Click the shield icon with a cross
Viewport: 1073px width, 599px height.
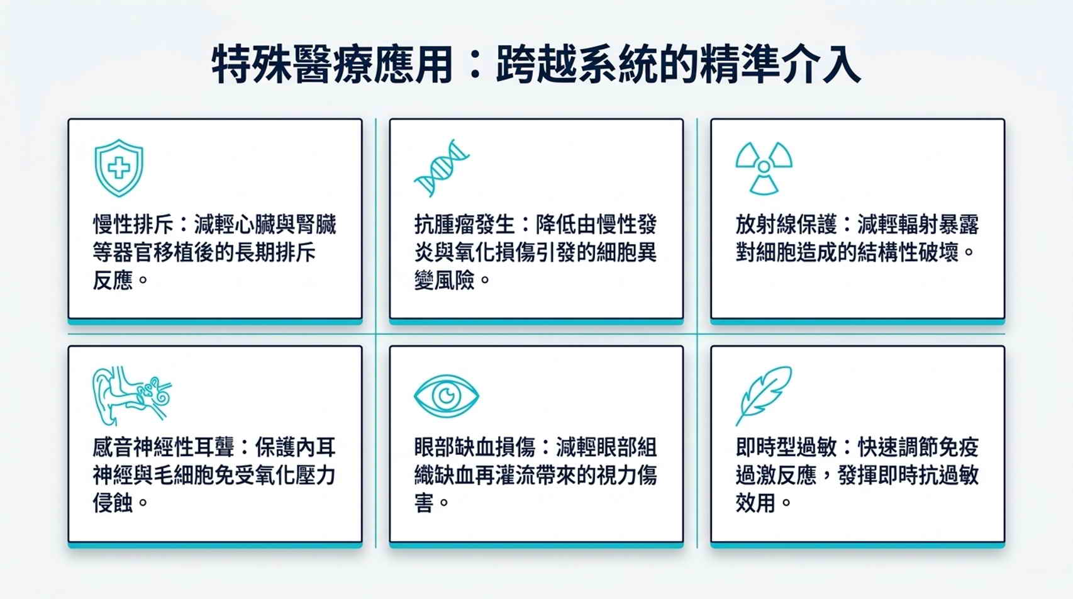pyautogui.click(x=119, y=168)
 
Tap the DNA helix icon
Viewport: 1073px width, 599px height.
pyautogui.click(x=442, y=168)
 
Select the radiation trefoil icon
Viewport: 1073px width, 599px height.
pyautogui.click(x=764, y=168)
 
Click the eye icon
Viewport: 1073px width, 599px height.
pyautogui.click(x=447, y=396)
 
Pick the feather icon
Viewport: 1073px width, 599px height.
pyautogui.click(x=764, y=396)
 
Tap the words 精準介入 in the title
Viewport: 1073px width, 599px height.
pyautogui.click(x=781, y=64)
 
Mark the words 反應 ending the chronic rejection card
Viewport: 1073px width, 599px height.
pyautogui.click(x=113, y=280)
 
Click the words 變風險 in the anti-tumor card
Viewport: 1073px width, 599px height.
pyautogui.click(x=444, y=280)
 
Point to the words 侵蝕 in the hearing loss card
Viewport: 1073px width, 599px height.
pyautogui.click(x=113, y=503)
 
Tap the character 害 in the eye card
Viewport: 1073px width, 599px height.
pyautogui.click(x=424, y=503)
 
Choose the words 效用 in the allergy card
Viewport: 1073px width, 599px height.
pyautogui.click(x=755, y=503)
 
